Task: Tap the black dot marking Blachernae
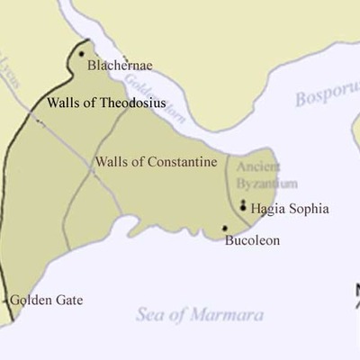click(81, 54)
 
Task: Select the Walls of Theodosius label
click(105, 103)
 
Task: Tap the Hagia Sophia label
click(290, 209)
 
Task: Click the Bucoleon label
click(251, 240)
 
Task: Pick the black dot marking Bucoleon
click(225, 229)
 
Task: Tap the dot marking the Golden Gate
click(7, 301)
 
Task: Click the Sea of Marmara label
click(200, 315)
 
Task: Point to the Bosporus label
click(328, 96)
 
